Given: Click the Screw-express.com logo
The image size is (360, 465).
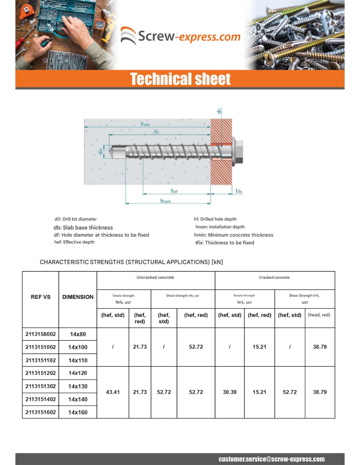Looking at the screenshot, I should click(x=181, y=36).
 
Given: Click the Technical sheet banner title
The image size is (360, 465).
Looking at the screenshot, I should click(x=180, y=79).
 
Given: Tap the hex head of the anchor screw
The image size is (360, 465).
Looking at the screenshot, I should click(x=238, y=151).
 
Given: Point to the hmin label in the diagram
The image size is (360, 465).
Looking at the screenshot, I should click(x=145, y=124).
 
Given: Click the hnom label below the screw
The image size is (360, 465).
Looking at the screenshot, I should click(x=165, y=201).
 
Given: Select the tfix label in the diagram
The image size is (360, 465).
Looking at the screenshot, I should click(x=239, y=191).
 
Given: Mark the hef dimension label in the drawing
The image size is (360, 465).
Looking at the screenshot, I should click(x=174, y=191).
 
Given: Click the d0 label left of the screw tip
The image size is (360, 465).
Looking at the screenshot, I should click(x=100, y=151).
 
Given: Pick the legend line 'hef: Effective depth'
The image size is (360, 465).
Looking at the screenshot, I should click(x=74, y=242).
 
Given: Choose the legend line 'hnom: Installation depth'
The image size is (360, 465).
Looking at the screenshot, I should click(x=220, y=227).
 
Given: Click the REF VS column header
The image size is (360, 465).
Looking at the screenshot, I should click(x=41, y=297).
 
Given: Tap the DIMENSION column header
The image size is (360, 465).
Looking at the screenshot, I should click(x=78, y=297).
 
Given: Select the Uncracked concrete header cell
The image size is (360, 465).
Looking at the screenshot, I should click(x=155, y=277).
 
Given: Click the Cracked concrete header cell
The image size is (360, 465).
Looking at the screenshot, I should click(x=274, y=277).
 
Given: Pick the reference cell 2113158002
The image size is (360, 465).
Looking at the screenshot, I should click(x=41, y=334).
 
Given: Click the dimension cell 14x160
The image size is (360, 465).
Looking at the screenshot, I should click(x=78, y=412).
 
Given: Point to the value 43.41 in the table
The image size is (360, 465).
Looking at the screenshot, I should click(x=113, y=392).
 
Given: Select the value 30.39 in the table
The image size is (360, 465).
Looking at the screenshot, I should click(x=230, y=392).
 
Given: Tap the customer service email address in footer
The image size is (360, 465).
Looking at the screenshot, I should click(x=272, y=459).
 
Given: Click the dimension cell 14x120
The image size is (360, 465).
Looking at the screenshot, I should click(x=78, y=373).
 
